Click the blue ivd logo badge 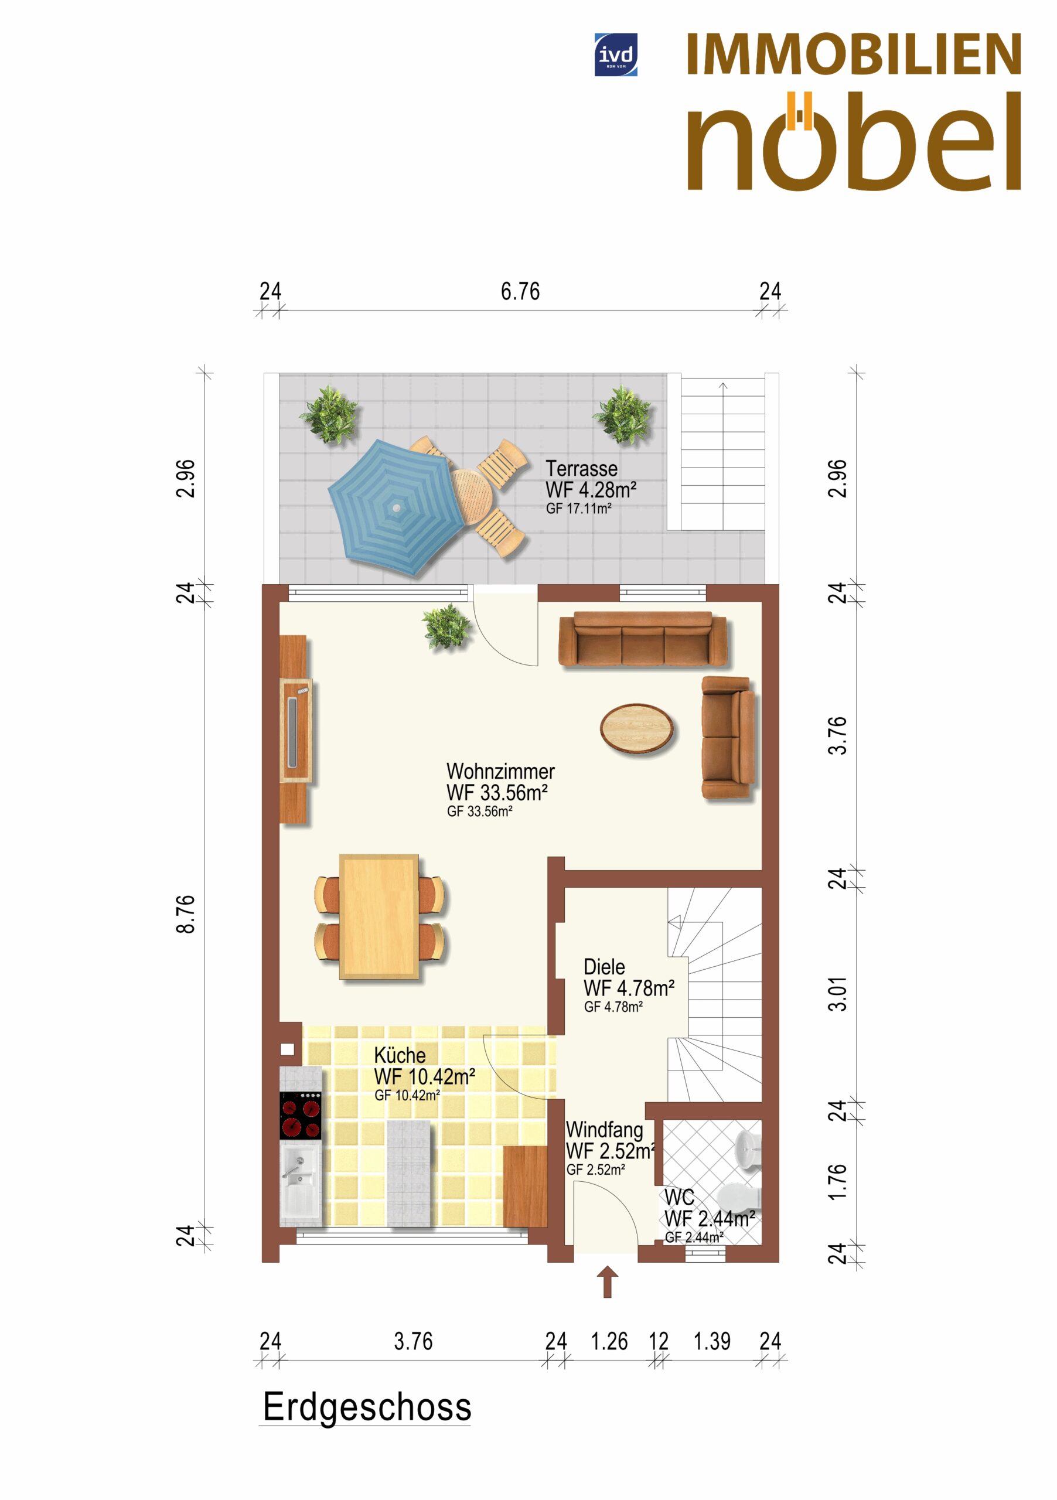tap(615, 55)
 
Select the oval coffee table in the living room tap(636, 728)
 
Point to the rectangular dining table tap(379, 916)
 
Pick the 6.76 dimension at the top tap(520, 291)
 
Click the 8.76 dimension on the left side tap(186, 914)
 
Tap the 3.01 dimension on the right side tap(837, 994)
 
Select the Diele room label tap(604, 967)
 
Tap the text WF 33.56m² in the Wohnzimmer tap(497, 792)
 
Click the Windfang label tap(604, 1130)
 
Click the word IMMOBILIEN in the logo tap(854, 55)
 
